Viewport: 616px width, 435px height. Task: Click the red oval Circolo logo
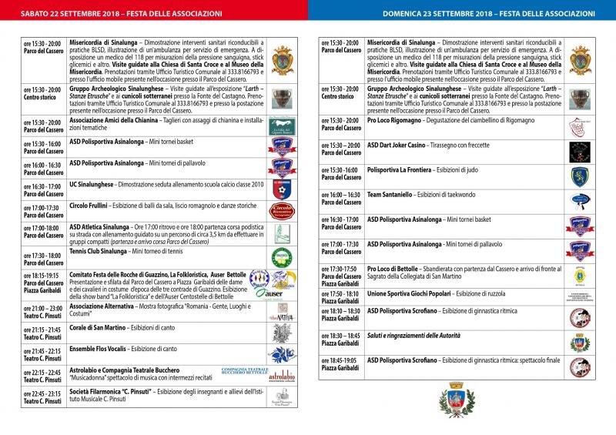click(x=282, y=212)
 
